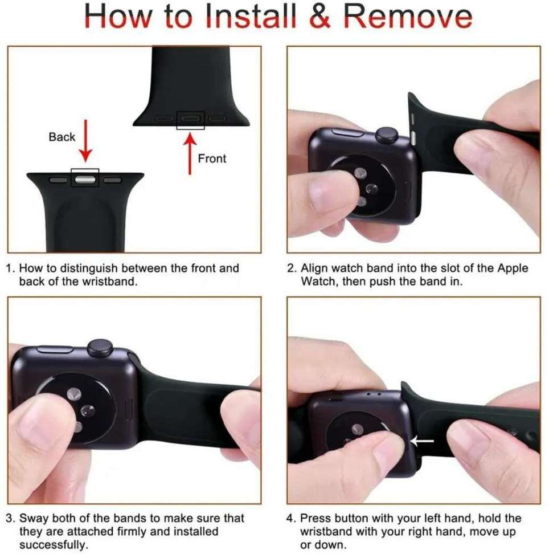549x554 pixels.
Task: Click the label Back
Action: pos(62,137)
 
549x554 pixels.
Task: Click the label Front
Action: pos(212,158)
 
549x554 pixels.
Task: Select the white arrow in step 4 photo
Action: pos(422,440)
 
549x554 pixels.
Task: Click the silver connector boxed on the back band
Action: pos(85,179)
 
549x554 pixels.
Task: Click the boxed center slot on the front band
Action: pos(191,119)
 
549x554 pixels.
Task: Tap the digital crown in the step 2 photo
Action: pos(387,135)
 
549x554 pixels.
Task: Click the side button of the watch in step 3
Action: pos(54,349)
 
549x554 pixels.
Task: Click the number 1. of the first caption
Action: pos(11,268)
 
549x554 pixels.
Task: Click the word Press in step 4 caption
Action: pos(314,519)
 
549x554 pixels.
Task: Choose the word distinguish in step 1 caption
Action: pos(76,268)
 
